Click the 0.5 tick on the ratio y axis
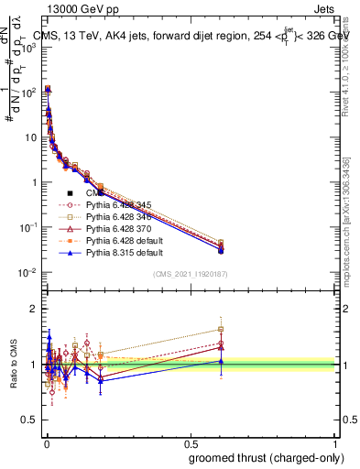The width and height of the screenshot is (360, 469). point(33,421)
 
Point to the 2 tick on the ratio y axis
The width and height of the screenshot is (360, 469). point(35,309)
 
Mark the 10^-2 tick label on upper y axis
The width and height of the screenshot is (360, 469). point(27,273)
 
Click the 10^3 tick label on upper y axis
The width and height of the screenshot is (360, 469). point(27,48)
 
